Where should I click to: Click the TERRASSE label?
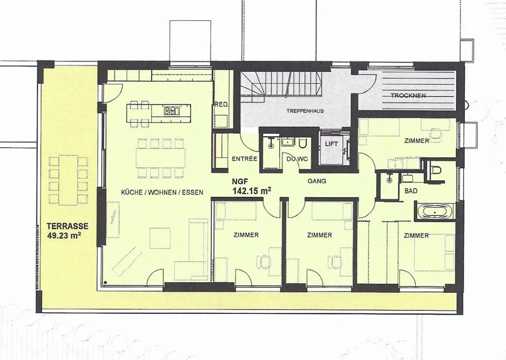[68, 226]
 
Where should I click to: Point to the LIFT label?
[331, 144]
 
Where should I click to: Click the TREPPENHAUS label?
[305, 111]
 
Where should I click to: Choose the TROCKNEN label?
[408, 95]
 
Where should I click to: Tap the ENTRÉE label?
[245, 159]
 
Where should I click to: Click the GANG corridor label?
[317, 181]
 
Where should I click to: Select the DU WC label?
[297, 159]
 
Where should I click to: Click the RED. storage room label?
[222, 104]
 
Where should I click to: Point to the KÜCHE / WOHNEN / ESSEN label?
[162, 192]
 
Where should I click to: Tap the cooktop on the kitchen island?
[171, 110]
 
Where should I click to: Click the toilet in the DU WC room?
[302, 143]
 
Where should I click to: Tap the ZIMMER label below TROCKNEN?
[417, 141]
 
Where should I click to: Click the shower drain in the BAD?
[389, 180]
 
